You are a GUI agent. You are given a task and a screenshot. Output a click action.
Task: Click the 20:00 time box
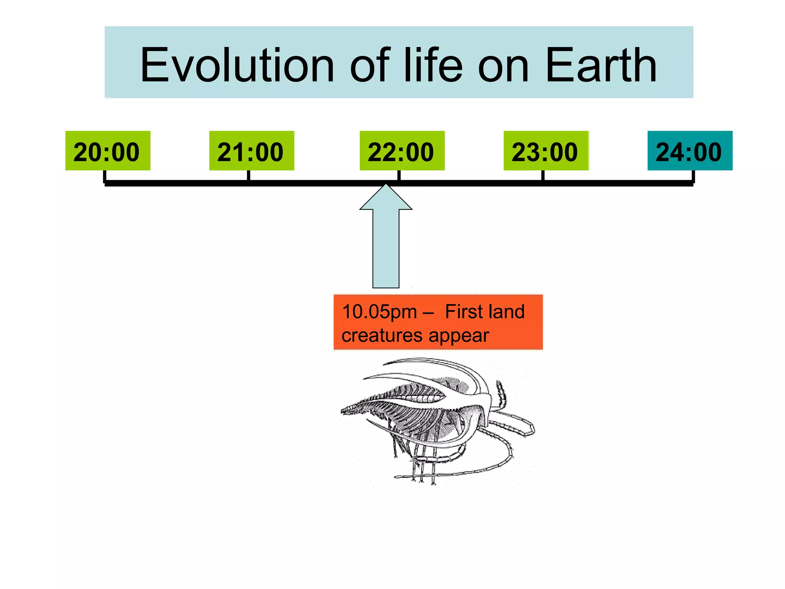pyautogui.click(x=108, y=151)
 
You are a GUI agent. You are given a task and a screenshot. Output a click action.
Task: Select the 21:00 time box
pyautogui.click(x=251, y=151)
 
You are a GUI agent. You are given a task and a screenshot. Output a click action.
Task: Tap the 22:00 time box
pyautogui.click(x=402, y=151)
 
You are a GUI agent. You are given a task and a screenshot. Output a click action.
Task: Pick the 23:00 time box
pyautogui.click(x=546, y=151)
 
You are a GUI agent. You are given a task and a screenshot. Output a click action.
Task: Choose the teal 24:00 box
pyautogui.click(x=690, y=151)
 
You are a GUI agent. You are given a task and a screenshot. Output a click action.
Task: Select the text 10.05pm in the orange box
pyautogui.click(x=379, y=312)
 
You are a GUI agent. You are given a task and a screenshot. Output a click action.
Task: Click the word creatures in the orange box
pyautogui.click(x=381, y=336)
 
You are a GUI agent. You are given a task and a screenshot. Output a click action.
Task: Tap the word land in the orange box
pyautogui.click(x=506, y=311)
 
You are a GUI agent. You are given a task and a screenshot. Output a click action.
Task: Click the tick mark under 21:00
pyautogui.click(x=248, y=176)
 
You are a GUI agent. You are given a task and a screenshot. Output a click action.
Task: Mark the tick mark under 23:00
pyautogui.click(x=543, y=176)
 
